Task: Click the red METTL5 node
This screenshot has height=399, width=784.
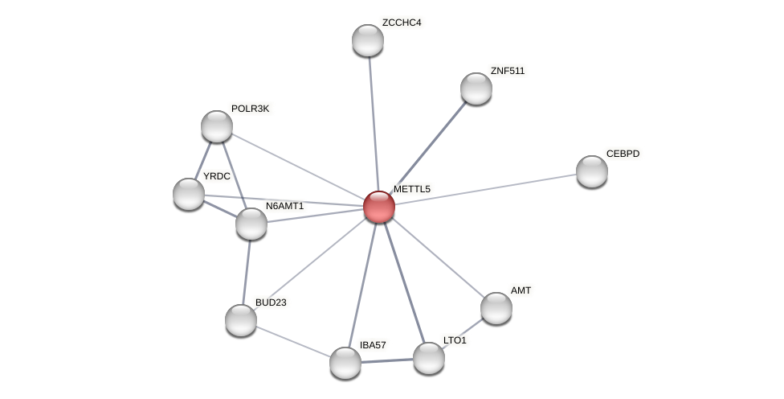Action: tap(379, 207)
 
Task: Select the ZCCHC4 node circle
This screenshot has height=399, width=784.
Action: tap(368, 40)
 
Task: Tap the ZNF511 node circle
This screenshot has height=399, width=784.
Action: tap(476, 88)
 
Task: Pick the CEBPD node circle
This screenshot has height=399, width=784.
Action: tap(592, 171)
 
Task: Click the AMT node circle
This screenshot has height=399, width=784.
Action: tap(496, 308)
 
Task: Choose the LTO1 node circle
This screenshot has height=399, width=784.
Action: tap(429, 358)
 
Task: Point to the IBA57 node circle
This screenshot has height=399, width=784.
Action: tap(345, 363)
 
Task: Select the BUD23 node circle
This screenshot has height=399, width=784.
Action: tap(241, 320)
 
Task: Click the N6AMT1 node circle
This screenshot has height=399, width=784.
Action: tap(251, 224)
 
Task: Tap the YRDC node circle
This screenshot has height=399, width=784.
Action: tap(189, 194)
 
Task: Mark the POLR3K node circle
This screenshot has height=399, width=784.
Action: tap(217, 126)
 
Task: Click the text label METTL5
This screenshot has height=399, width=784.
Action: tap(411, 189)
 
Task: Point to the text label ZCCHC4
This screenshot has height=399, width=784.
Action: tap(402, 23)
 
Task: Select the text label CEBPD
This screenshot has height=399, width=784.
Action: tap(623, 154)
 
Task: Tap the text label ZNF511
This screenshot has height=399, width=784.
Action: tap(507, 71)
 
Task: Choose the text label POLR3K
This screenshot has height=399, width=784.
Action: tap(250, 109)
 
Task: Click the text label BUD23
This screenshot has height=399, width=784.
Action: tap(272, 302)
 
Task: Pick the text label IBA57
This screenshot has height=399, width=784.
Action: tap(373, 345)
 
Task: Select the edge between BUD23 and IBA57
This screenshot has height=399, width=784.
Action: tap(293, 341)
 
